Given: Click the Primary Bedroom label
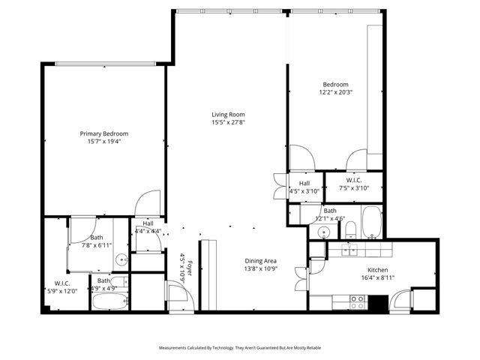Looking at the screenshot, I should click(x=104, y=133).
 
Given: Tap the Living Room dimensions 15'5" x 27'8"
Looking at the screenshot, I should click(x=227, y=122).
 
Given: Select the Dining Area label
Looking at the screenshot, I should click(x=261, y=261).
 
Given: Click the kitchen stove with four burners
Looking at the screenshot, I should click(x=358, y=303).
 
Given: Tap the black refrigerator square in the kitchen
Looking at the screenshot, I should click(x=377, y=304).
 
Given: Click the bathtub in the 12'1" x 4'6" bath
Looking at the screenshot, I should click(x=371, y=222).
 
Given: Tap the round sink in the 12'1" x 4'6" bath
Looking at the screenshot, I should click(x=322, y=232).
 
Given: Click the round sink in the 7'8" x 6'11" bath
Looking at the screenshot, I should click(x=121, y=261).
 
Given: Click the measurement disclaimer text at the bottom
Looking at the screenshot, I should click(x=239, y=348).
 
